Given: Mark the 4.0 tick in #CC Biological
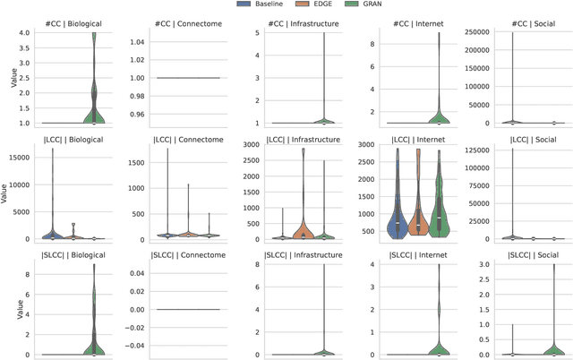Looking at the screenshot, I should [21, 33].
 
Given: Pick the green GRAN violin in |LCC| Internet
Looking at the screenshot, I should [438, 215].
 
